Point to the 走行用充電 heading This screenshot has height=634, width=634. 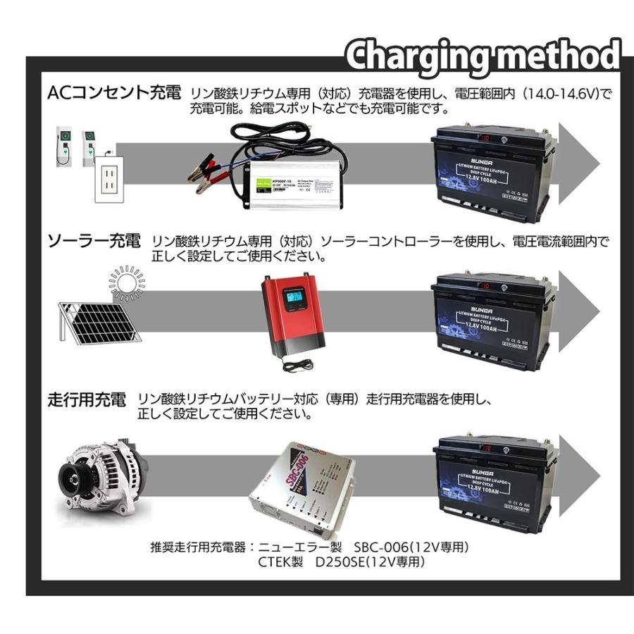click(x=87, y=400)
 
